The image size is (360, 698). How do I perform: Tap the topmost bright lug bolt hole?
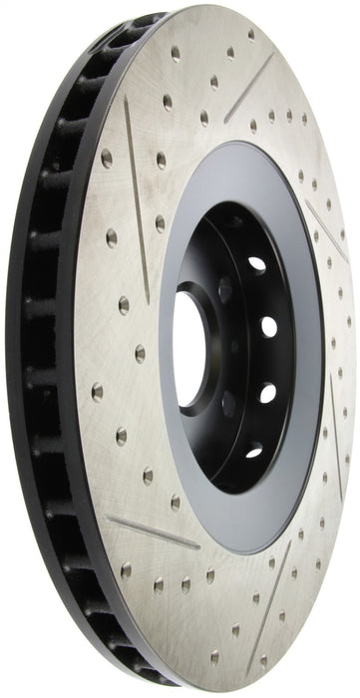coord(257,265)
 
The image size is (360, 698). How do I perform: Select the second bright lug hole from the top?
coord(269,326)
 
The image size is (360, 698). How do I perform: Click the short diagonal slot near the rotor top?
coord(248,88)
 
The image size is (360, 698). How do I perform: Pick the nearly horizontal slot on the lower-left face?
coord(153,532)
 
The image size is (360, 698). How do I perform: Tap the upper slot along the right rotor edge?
coord(326,229)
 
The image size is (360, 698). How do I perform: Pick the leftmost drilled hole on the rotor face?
coord(97,392)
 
